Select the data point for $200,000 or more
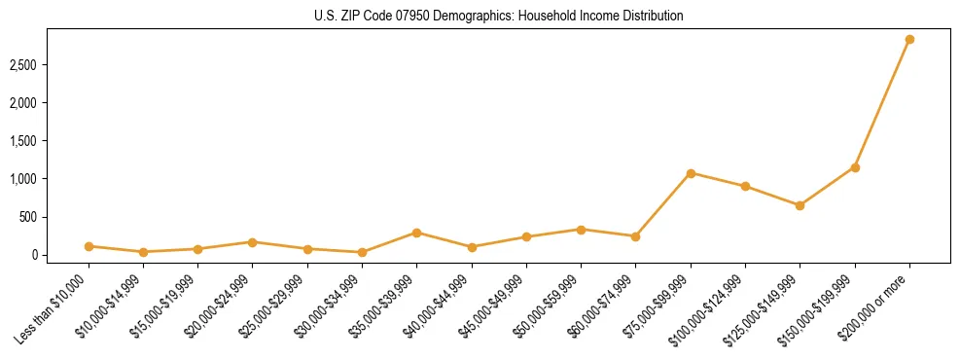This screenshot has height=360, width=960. pyautogui.click(x=909, y=40)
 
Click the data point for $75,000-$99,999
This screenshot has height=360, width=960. pyautogui.click(x=691, y=173)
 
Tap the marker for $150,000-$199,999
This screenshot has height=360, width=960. pyautogui.click(x=855, y=167)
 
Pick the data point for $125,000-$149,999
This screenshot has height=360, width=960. pyautogui.click(x=800, y=205)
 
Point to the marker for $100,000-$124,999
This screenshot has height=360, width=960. pyautogui.click(x=745, y=186)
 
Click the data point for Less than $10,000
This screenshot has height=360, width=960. pyautogui.click(x=89, y=246)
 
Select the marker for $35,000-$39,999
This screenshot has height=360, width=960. pyautogui.click(x=416, y=233)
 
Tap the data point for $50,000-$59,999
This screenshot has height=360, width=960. pyautogui.click(x=581, y=230)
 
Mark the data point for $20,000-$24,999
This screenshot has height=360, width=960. pyautogui.click(x=252, y=242)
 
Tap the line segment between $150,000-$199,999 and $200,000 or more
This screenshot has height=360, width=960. pyautogui.click(x=882, y=103)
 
